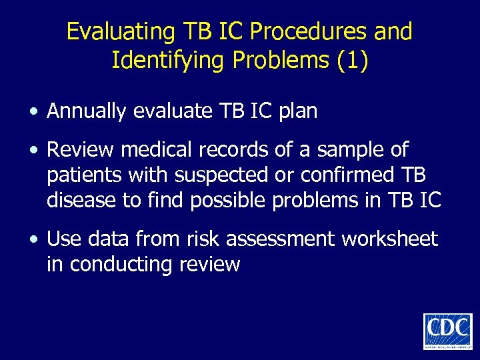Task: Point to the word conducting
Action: click(121, 264)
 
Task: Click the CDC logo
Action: click(447, 330)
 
